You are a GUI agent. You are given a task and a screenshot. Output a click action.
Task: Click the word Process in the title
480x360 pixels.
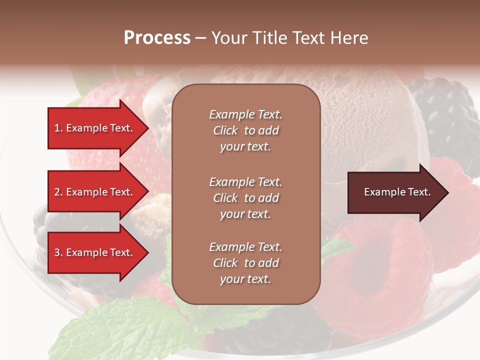click(x=157, y=38)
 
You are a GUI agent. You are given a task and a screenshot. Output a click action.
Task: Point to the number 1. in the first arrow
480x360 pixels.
click(x=58, y=128)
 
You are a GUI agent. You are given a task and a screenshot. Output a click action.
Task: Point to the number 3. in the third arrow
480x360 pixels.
click(x=58, y=252)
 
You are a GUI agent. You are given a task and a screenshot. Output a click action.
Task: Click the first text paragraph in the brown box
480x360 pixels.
click(x=245, y=130)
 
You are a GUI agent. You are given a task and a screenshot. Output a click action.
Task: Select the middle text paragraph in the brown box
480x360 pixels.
click(x=245, y=198)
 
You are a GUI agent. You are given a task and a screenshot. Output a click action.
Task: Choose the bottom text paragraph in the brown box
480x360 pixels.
click(x=245, y=263)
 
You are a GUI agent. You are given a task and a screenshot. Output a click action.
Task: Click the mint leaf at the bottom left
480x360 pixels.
click(x=115, y=330)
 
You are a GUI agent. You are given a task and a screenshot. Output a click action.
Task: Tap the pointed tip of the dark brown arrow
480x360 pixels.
click(x=447, y=192)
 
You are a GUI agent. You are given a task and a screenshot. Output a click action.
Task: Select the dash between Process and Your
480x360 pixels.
click(x=200, y=38)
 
